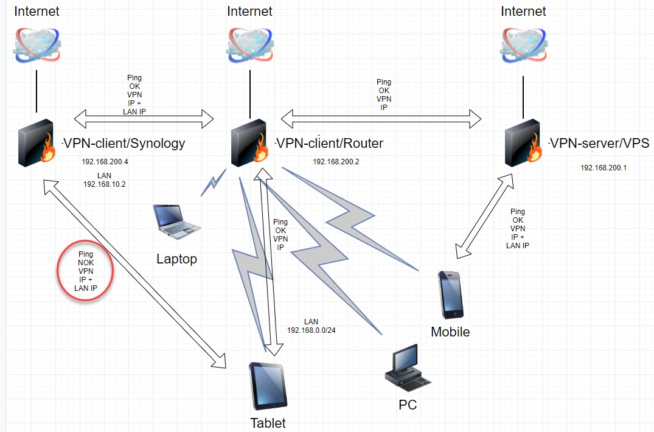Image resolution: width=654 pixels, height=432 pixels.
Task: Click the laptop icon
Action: (x=176, y=221)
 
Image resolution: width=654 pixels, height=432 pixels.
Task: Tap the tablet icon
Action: (x=268, y=386)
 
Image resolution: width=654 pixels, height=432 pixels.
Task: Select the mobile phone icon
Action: (x=450, y=295)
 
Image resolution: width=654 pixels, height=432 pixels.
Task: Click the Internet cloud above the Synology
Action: (x=37, y=44)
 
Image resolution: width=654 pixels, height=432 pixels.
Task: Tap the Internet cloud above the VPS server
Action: (x=523, y=44)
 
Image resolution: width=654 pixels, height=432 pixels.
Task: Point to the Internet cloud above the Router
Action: (x=249, y=44)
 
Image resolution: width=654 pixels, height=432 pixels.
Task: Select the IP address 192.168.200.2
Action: (x=336, y=162)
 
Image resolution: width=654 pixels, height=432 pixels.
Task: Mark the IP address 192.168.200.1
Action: (x=604, y=167)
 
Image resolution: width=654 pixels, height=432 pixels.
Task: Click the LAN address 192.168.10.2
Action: (x=104, y=184)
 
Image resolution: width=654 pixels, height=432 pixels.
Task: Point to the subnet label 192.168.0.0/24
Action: (x=311, y=330)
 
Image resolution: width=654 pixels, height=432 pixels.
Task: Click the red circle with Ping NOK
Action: (x=86, y=271)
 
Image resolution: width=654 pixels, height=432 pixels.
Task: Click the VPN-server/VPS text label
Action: (x=599, y=144)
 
